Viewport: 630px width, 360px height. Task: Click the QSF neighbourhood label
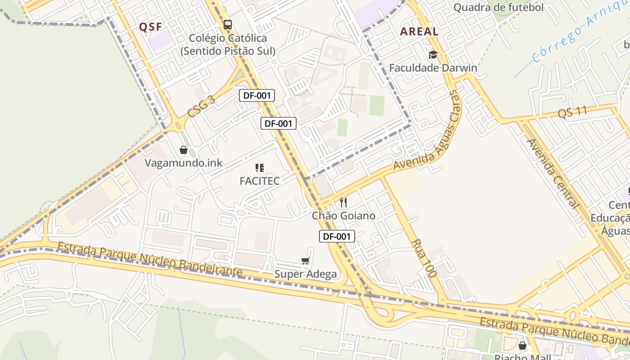click(x=150, y=27)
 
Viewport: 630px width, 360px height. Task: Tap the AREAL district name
click(x=419, y=31)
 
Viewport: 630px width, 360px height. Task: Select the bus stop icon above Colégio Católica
click(x=228, y=24)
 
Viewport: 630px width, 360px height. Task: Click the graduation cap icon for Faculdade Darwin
click(x=433, y=55)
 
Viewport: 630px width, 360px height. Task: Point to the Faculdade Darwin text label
click(x=433, y=68)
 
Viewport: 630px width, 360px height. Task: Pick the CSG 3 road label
click(x=201, y=108)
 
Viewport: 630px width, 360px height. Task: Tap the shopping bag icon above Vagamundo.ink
click(x=184, y=150)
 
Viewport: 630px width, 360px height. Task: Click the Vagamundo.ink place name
click(x=184, y=163)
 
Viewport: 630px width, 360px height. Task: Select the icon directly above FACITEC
click(x=260, y=168)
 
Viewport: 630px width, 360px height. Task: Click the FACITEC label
click(x=260, y=181)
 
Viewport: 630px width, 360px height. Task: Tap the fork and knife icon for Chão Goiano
click(x=343, y=202)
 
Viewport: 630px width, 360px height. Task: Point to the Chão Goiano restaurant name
click(x=344, y=216)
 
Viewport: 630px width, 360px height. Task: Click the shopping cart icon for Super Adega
click(x=306, y=261)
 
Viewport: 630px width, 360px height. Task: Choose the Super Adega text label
click(x=306, y=274)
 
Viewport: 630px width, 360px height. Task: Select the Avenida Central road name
click(x=552, y=174)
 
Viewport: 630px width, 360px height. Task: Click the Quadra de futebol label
click(x=499, y=7)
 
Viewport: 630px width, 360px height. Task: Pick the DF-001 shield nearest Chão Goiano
click(x=337, y=236)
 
